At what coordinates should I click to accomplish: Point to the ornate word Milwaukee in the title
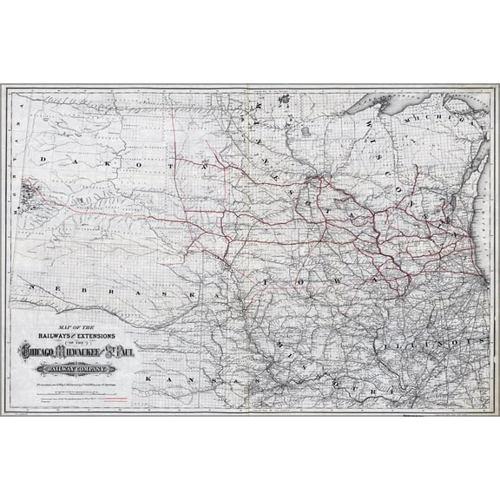coord(80,350)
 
